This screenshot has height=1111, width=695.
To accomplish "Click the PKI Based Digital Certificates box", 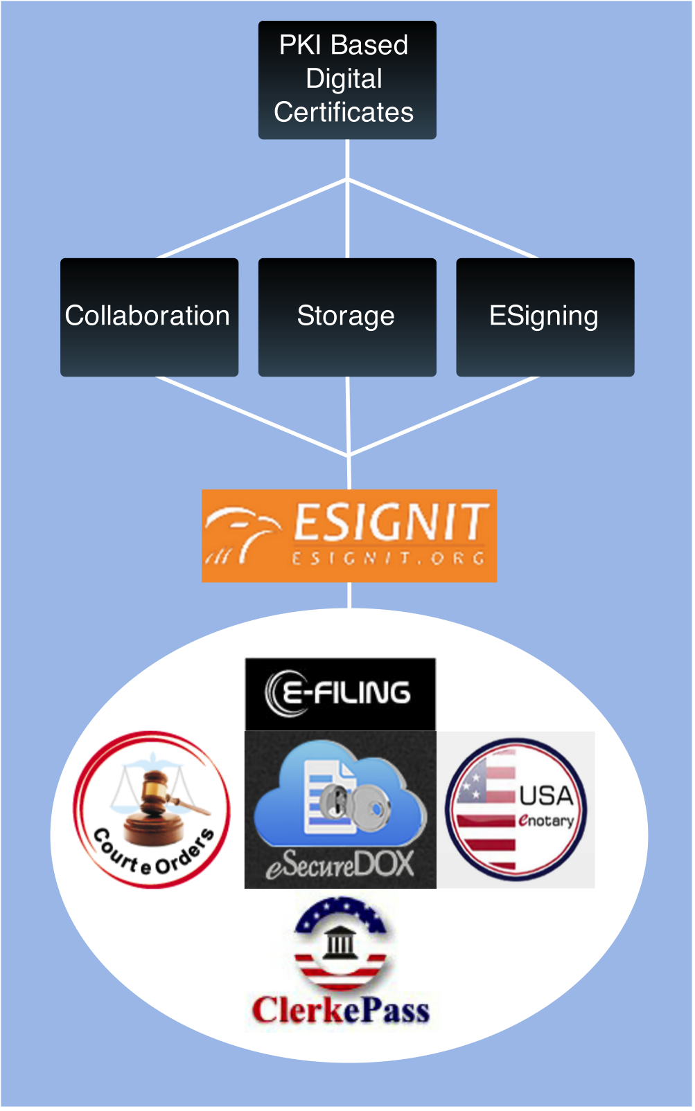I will pos(346,80).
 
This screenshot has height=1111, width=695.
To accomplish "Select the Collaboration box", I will pos(149,317).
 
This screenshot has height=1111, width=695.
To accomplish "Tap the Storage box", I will pos(346,317).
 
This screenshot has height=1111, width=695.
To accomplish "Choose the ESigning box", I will pos(545,317).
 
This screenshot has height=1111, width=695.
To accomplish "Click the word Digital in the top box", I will pos(344,79).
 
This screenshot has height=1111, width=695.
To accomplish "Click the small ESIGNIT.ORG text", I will pos(387,558).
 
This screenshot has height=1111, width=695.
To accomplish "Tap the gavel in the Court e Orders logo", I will pos(159,796).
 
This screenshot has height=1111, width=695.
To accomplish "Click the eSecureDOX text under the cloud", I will pos(340,865).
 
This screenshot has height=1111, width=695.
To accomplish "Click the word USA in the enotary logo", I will pos(546,796).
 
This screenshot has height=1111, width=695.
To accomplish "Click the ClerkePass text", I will pos(340,1011).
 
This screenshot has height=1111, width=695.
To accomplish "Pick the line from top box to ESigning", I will pos(443,219).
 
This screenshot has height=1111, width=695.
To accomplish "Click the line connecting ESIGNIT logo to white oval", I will pos(349,595).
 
